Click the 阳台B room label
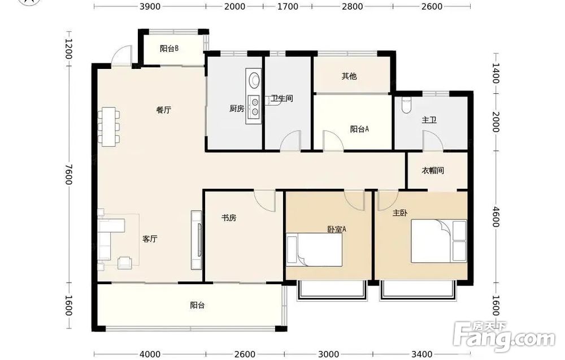tap(169, 48)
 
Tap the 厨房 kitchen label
tap(236, 108)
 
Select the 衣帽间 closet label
tap(432, 171)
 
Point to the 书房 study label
tap(228, 218)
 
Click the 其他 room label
tap(349, 76)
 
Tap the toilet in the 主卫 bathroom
tap(406, 105)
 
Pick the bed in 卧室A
tap(314, 250)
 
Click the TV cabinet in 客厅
tap(197, 240)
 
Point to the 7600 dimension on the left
tap(68, 175)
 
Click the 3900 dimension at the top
tap(150, 6)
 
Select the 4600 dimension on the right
tap(496, 216)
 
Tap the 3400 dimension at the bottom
tap(422, 354)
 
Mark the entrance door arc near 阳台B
tap(121, 55)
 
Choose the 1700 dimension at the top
tap(288, 6)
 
